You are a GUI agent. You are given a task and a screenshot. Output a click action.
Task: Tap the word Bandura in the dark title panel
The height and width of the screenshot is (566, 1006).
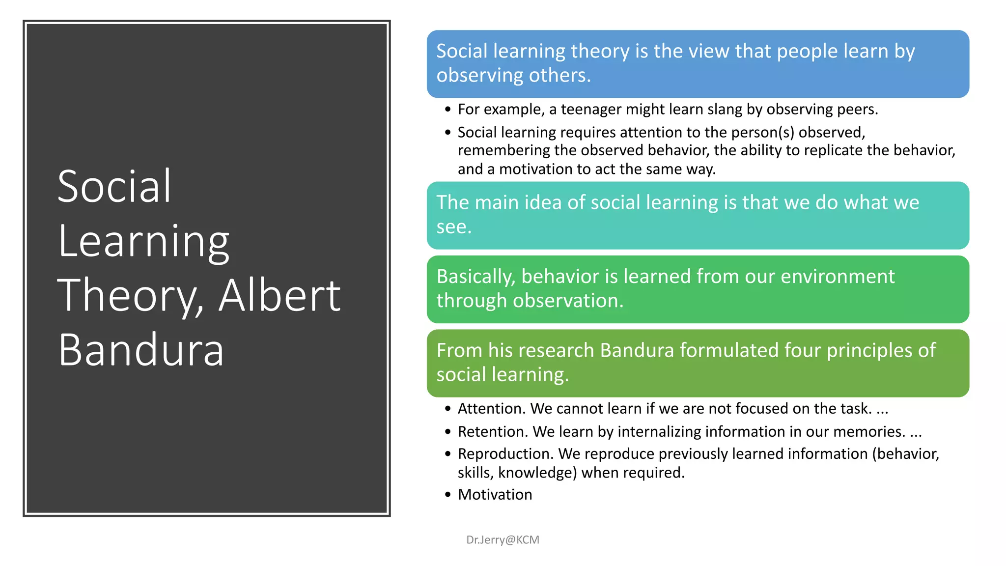point(141,350)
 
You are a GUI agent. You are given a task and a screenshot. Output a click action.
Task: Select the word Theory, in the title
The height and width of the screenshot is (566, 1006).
point(131,296)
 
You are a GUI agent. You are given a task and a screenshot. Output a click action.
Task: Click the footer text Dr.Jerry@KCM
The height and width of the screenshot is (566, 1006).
point(503,539)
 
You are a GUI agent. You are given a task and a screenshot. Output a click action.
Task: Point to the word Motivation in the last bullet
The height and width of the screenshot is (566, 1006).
point(495,494)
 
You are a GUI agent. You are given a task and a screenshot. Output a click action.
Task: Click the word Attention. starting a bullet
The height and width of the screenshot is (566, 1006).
point(492,408)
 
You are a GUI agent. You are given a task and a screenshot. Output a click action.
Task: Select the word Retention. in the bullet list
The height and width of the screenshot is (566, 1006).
point(493,431)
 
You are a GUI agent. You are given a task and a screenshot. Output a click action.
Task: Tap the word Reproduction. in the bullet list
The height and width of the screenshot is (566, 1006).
point(505,453)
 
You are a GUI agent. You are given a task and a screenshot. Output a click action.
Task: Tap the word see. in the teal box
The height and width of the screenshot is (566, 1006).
point(454,227)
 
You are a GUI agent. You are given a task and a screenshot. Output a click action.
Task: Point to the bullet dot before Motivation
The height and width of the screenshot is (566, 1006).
point(447,495)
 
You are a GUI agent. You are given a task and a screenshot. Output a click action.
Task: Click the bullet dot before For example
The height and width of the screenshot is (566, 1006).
point(447,110)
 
